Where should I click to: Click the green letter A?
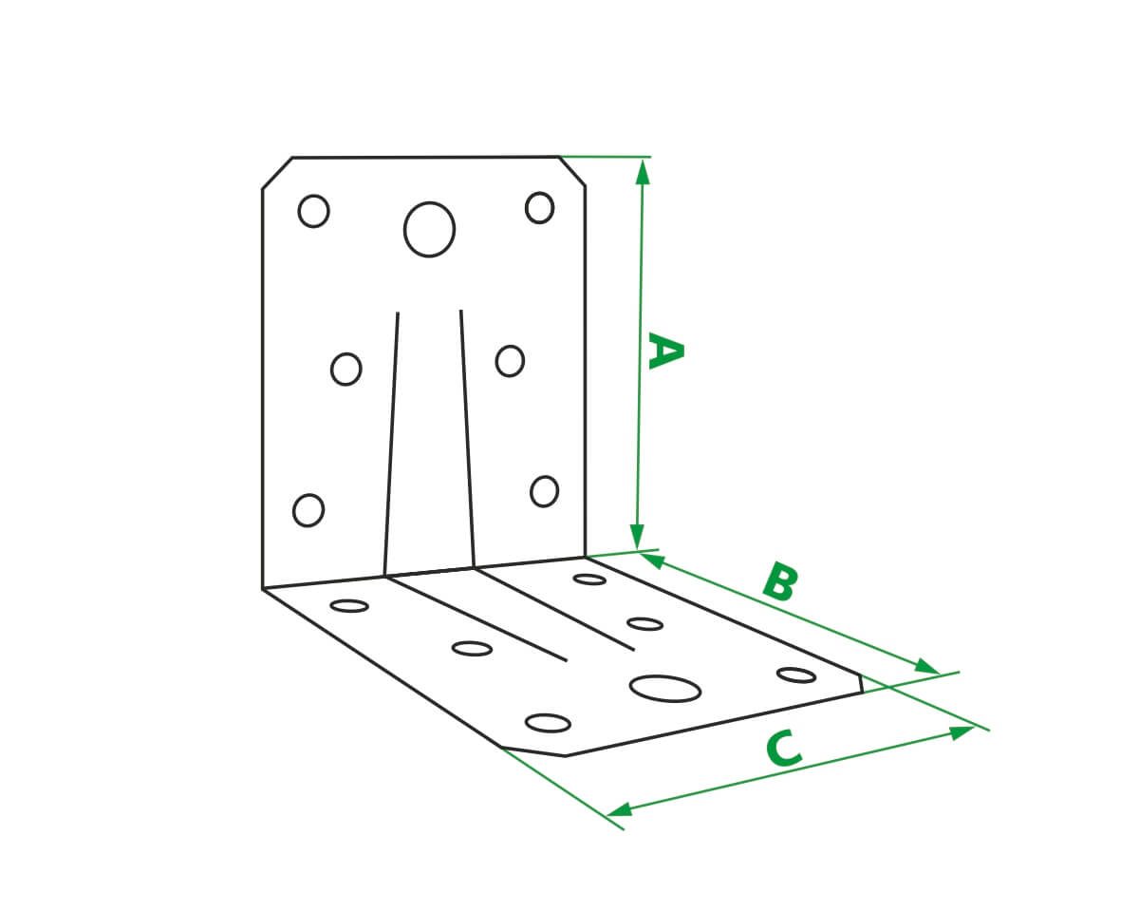(665, 351)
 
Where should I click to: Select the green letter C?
(784, 749)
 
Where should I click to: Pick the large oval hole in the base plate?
(665, 689)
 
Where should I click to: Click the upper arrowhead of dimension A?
(643, 172)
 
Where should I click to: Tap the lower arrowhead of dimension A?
(637, 537)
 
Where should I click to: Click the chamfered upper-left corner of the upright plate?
(277, 173)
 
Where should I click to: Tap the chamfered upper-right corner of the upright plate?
(572, 171)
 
